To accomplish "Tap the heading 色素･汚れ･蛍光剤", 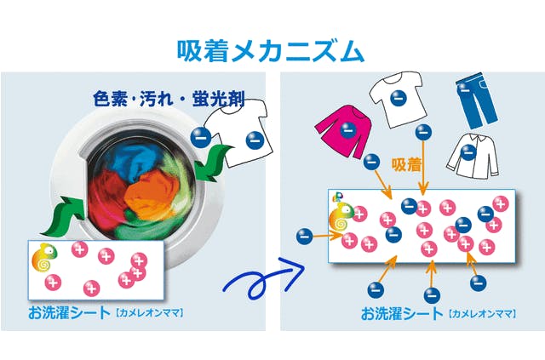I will (x=169, y=99).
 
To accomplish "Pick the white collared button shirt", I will (x=469, y=153).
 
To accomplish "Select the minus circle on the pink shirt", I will (x=346, y=130).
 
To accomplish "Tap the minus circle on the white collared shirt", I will (x=468, y=153).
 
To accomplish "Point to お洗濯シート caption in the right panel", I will (x=400, y=312).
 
